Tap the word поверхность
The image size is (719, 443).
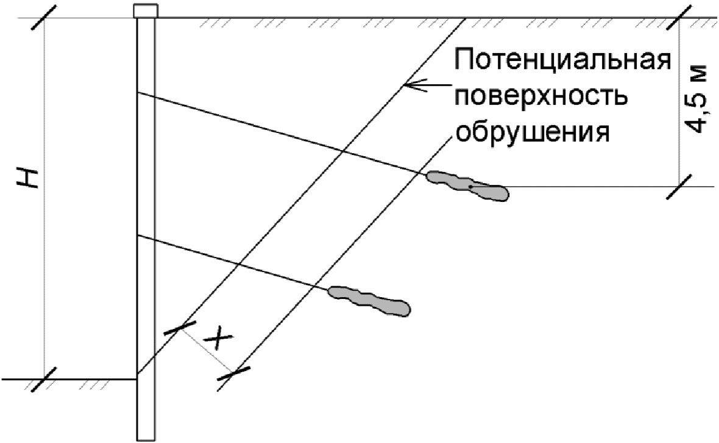click(540, 98)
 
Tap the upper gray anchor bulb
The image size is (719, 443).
click(467, 185)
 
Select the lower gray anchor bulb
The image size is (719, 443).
click(369, 300)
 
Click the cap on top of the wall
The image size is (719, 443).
click(146, 10)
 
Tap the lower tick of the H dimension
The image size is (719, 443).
click(45, 379)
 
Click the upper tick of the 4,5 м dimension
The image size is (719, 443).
click(679, 18)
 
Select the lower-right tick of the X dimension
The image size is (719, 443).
click(233, 373)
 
